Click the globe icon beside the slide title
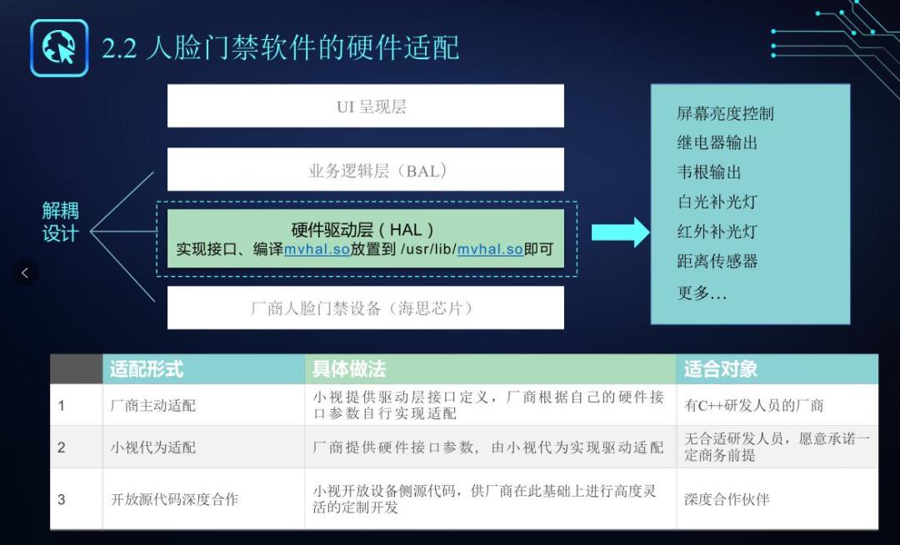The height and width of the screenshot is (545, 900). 58,48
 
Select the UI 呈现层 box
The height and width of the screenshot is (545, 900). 365,107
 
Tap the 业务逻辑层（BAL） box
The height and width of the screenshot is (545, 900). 365,171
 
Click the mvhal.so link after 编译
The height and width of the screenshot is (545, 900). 317,249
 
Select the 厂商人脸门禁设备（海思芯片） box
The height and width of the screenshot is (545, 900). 365,308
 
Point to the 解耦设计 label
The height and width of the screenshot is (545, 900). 60,222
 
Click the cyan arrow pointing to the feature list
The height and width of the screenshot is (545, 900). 620,232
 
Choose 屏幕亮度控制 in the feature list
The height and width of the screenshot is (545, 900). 725,113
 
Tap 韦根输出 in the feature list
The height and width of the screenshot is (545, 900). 708,172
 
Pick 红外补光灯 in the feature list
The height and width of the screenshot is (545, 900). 717,232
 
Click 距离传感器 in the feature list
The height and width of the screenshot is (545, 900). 717,261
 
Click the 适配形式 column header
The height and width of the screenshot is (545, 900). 147,368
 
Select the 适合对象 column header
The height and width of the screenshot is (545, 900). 720,368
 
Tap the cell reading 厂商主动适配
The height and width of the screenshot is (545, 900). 153,406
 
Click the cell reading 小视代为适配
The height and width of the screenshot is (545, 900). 153,447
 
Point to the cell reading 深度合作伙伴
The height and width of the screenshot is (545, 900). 727,499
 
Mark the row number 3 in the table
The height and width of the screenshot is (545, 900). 62,499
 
